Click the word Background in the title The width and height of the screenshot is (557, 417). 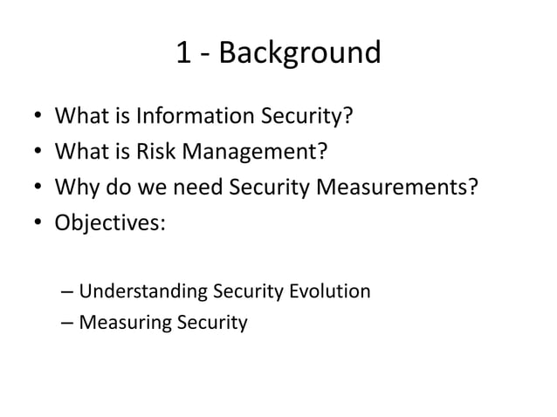(299, 54)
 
